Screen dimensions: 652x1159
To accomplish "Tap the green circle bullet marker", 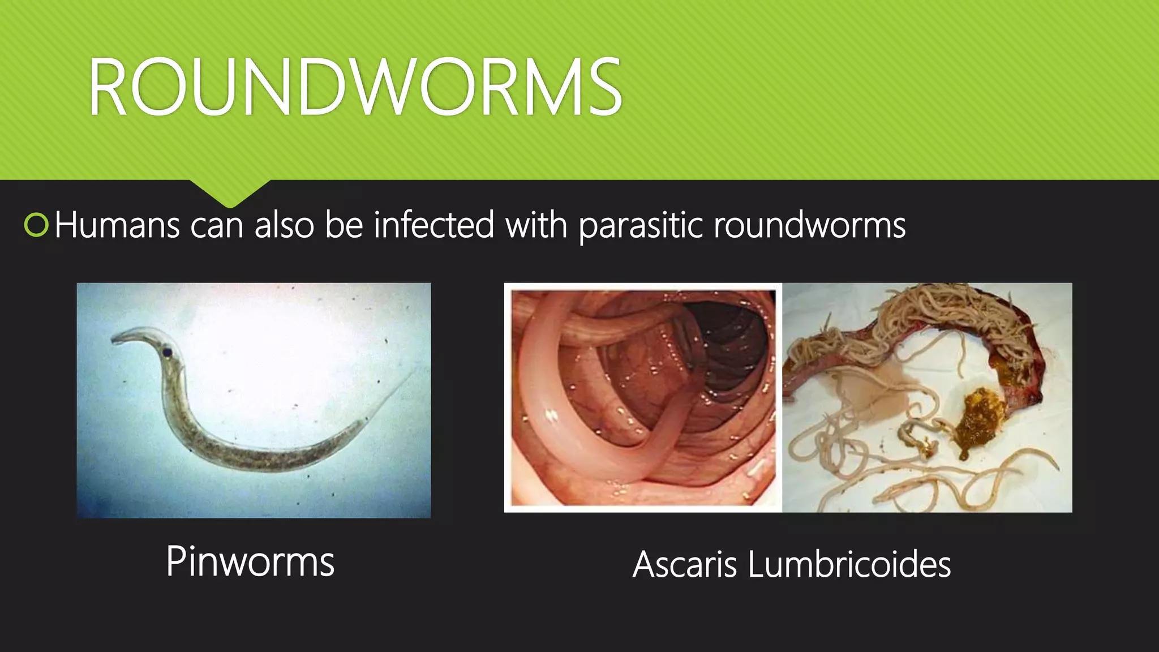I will pyautogui.click(x=37, y=225).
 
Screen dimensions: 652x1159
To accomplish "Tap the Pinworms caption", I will pyautogui.click(x=250, y=561).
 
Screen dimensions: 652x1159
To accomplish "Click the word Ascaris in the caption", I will pyautogui.click(x=684, y=564).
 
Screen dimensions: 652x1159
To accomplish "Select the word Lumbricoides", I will pyautogui.click(x=849, y=564).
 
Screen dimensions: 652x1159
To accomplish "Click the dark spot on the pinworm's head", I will pyautogui.click(x=168, y=353).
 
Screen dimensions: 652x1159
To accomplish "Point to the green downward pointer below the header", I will pyautogui.click(x=230, y=192).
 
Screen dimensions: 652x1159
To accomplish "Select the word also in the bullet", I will pyautogui.click(x=284, y=225).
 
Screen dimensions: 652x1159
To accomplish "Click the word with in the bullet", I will pyautogui.click(x=536, y=225).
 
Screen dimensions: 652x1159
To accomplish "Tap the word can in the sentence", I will pyautogui.click(x=217, y=225).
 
